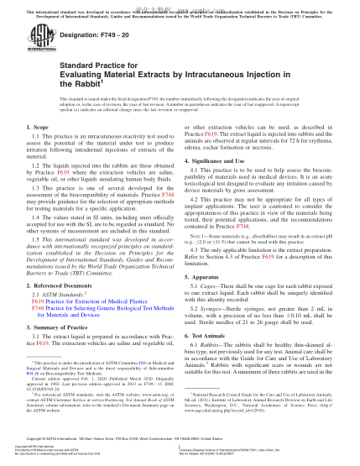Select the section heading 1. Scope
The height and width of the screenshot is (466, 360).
click(39, 150)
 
